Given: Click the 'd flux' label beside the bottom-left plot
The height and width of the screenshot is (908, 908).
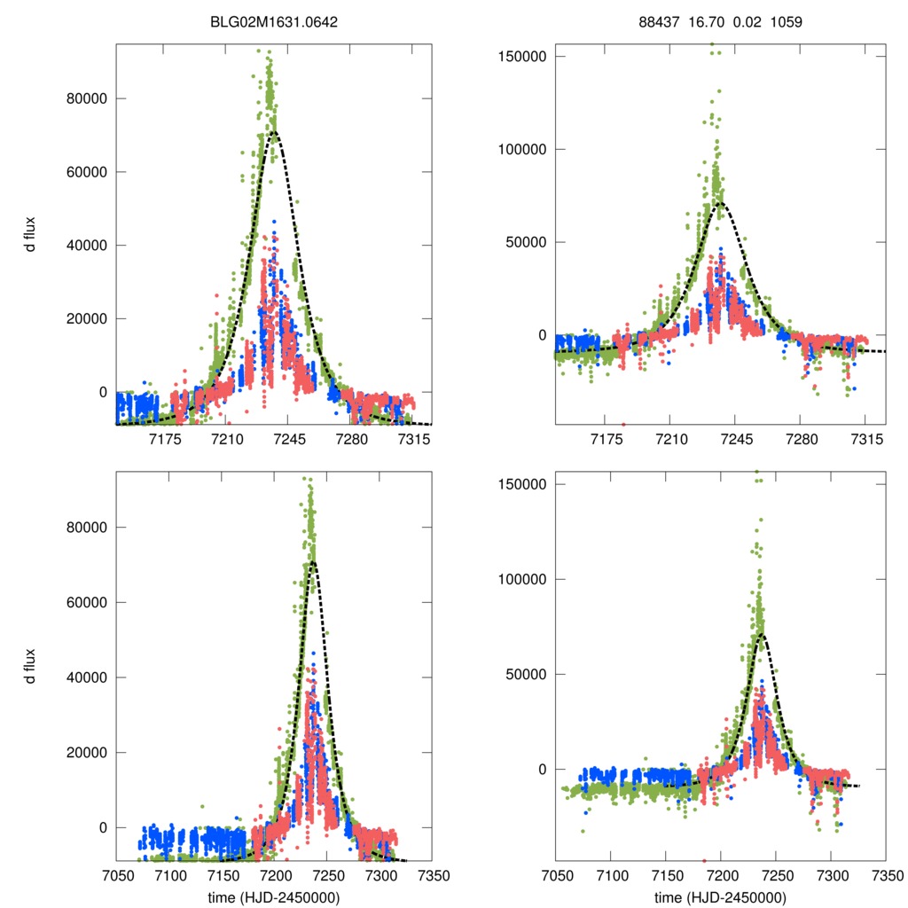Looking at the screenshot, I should coord(32,665).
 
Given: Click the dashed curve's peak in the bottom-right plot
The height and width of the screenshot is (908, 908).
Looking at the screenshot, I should coord(760,634).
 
